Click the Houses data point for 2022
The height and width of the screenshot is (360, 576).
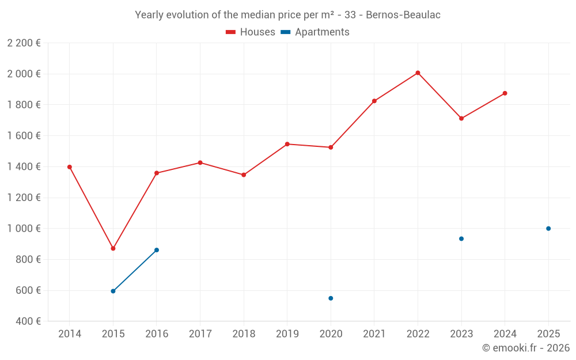[418, 73]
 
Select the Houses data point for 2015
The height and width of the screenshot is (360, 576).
[113, 248]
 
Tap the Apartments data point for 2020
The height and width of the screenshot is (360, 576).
[331, 298]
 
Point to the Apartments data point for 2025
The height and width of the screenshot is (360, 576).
[548, 229]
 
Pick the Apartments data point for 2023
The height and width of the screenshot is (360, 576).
[461, 238]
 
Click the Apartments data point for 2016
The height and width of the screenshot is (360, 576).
[157, 250]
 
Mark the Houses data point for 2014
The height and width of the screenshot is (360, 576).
[70, 167]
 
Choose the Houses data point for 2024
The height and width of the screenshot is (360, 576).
[505, 93]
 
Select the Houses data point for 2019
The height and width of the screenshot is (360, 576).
[287, 144]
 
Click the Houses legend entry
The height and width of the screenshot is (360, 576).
[251, 32]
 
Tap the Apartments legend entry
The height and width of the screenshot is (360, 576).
[315, 32]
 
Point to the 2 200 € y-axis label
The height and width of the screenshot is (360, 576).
[24, 43]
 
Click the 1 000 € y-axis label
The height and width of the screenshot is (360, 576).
[24, 229]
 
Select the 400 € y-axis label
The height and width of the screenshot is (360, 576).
[27, 321]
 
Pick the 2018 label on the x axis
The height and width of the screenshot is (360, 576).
[244, 334]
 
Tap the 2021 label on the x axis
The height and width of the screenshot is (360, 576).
[374, 334]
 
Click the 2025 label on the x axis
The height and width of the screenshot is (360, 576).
[548, 334]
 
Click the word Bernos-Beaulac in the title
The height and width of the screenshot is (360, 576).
[403, 15]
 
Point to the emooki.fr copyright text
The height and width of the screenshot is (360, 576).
[525, 348]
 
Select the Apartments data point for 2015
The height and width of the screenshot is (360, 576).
[113, 291]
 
